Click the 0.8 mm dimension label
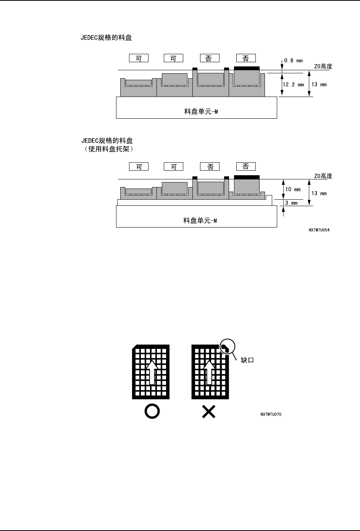pyautogui.click(x=293, y=60)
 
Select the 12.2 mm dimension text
pyautogui.click(x=293, y=85)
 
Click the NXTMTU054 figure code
pyautogui.click(x=319, y=231)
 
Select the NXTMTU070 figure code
pyautogui.click(x=271, y=414)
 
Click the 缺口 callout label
pyautogui.click(x=247, y=360)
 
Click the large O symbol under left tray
pyautogui.click(x=152, y=411)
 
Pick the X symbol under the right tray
pyautogui.click(x=208, y=411)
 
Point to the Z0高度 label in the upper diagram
pyautogui.click(x=323, y=66)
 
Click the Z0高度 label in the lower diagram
pyautogui.click(x=323, y=176)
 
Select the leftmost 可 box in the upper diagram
pyautogui.click(x=139, y=58)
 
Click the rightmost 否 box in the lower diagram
pyautogui.click(x=246, y=166)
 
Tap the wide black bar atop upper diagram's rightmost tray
pyautogui.click(x=247, y=68)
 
